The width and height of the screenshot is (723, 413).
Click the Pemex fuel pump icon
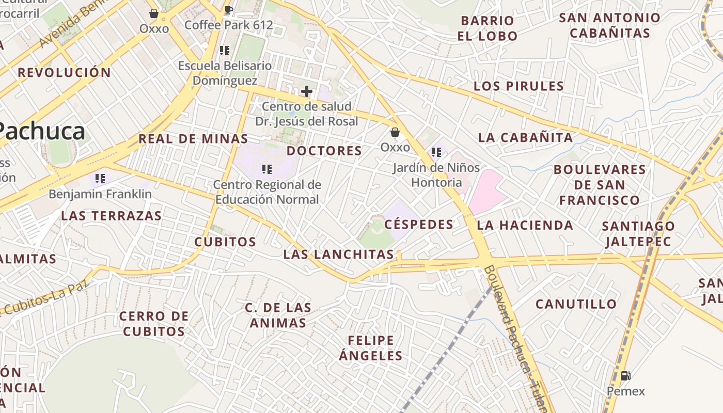[625, 375]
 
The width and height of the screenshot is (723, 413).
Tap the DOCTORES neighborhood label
[324, 151]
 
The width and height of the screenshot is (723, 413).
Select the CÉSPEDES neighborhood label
[419, 224]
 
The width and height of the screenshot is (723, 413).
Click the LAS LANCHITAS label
[339, 254]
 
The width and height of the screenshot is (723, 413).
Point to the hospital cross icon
[307, 92]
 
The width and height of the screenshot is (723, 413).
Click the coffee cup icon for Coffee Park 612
[229, 9]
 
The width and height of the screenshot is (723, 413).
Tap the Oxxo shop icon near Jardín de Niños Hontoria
[395, 133]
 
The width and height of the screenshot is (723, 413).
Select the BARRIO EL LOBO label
[488, 28]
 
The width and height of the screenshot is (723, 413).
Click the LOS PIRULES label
[518, 86]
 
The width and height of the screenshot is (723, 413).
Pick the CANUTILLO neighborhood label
[576, 304]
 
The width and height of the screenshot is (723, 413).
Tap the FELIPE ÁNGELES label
[371, 348]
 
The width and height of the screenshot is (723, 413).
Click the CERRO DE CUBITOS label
[154, 324]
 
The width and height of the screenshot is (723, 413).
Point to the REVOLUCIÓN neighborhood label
[65, 73]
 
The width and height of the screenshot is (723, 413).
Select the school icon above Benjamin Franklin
[100, 179]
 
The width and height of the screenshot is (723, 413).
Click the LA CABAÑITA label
[525, 137]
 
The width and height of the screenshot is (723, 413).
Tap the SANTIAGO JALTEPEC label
[638, 233]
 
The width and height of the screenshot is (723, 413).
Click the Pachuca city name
[41, 131]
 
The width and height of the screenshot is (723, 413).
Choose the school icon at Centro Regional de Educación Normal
[266, 169]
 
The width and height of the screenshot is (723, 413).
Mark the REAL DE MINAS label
[193, 139]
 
